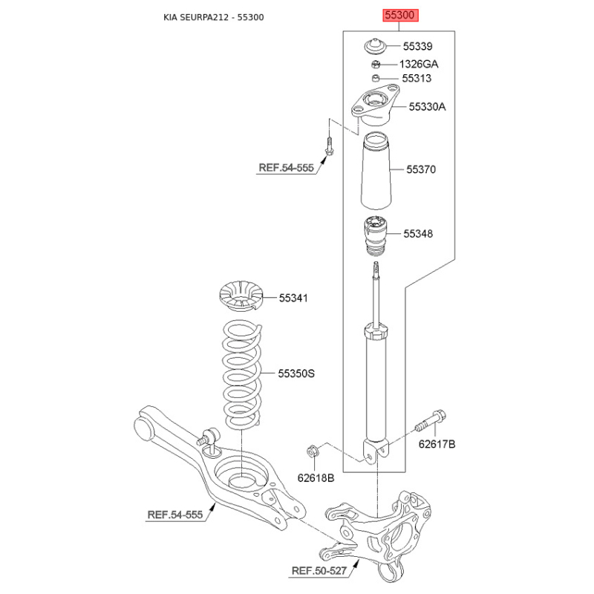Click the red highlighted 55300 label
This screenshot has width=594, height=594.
(x=400, y=15)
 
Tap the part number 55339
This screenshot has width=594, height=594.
(x=417, y=46)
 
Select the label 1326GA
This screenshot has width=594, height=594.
(x=419, y=64)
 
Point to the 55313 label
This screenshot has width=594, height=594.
(x=417, y=78)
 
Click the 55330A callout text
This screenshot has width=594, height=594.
(x=427, y=106)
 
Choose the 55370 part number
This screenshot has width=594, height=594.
(x=421, y=169)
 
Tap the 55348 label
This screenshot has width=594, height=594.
(x=418, y=233)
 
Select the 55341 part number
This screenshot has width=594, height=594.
(x=293, y=298)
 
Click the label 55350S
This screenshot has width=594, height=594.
(x=296, y=373)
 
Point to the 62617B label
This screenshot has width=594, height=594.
(x=437, y=443)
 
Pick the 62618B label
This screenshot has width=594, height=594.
(x=316, y=477)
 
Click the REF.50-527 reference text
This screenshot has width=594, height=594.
(x=319, y=570)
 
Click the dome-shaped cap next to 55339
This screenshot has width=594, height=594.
(x=375, y=47)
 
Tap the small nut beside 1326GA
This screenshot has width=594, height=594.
(x=376, y=65)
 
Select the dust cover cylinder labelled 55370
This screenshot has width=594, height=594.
(x=376, y=171)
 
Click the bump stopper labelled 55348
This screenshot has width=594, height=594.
(x=376, y=235)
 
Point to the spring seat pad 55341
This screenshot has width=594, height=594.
(x=241, y=296)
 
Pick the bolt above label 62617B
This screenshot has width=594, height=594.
(x=431, y=421)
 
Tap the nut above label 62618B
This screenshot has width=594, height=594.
(x=312, y=451)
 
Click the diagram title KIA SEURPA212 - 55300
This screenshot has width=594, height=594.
(x=214, y=17)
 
